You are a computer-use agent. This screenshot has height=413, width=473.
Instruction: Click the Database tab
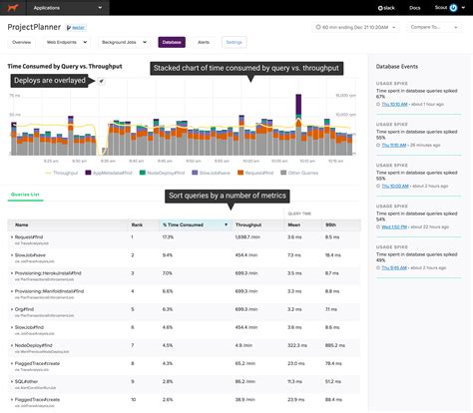pos(173,43)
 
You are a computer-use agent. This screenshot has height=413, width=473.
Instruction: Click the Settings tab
pos(235,43)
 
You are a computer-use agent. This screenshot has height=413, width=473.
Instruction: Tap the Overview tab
pos(22,43)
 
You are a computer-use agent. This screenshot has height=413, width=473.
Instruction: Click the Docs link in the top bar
pos(413,6)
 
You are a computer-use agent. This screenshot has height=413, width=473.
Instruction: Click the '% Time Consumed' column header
pos(184,225)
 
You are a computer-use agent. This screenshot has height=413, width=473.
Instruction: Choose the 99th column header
pos(331,225)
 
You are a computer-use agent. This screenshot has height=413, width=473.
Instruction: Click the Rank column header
pos(138,225)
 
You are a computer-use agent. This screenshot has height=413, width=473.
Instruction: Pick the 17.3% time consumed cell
pos(168,237)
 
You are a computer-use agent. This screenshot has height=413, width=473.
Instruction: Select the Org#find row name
pos(28,308)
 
